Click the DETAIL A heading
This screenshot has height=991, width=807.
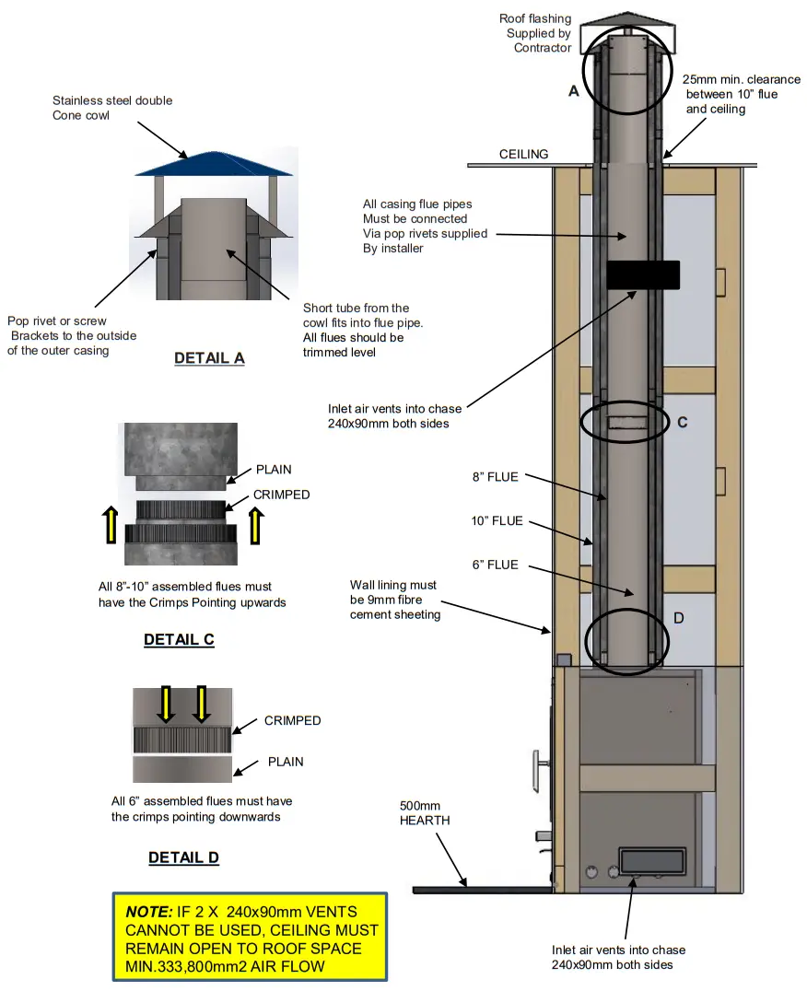[x=209, y=358]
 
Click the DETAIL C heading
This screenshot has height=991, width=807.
[x=179, y=639]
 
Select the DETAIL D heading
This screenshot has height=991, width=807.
[x=183, y=857]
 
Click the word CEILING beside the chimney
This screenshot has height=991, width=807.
[x=524, y=155]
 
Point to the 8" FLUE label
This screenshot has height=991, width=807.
[x=496, y=477]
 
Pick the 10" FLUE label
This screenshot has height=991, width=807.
[x=497, y=521]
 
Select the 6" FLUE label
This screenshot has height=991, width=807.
[x=496, y=565]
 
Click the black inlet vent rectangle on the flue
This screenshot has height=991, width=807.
[x=643, y=274]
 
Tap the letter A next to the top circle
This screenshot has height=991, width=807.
[x=574, y=91]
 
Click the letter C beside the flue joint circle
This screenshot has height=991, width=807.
[x=683, y=423]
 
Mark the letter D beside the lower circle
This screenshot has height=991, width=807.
[x=678, y=618]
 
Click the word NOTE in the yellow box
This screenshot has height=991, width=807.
[x=148, y=911]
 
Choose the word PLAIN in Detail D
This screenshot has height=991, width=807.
[x=285, y=762]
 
